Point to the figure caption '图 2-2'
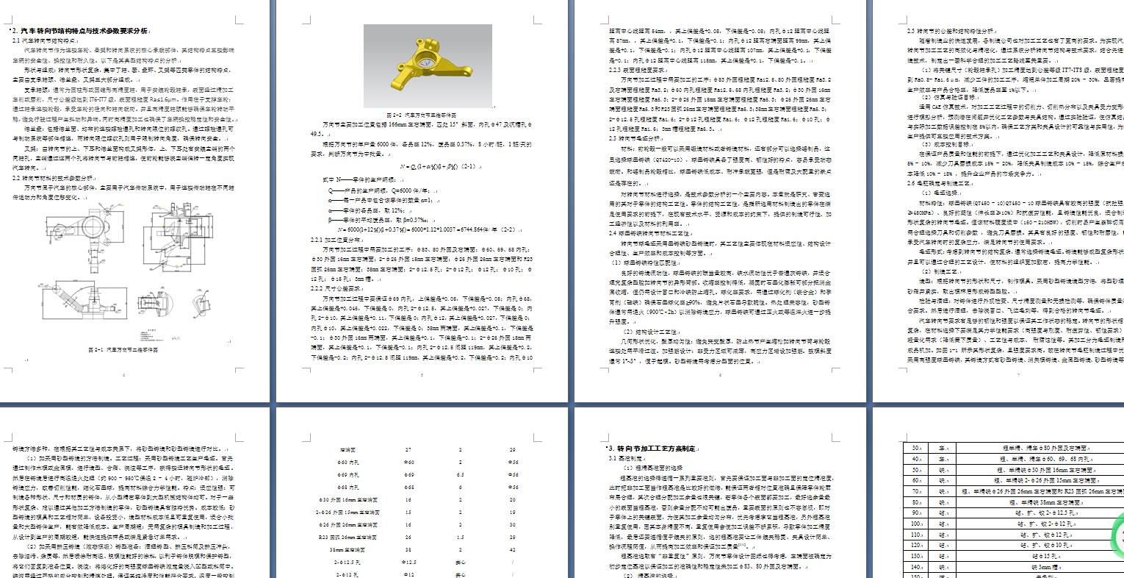422,115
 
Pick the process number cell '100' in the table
917,524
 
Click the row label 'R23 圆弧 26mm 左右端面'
347,537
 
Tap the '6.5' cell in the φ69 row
461,474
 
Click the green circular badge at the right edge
1117,534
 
